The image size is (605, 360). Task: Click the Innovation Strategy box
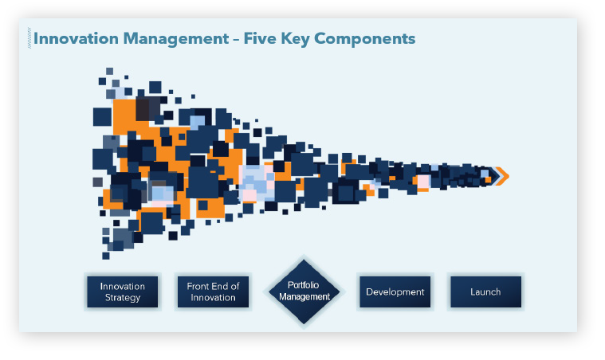click(x=122, y=292)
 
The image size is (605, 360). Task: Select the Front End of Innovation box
click(x=213, y=292)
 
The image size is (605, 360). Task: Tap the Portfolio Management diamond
click(x=304, y=292)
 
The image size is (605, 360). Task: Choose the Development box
click(x=395, y=292)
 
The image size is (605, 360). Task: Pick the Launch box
click(x=485, y=292)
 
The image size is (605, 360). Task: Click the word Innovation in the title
click(x=76, y=38)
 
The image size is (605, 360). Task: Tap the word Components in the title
click(x=365, y=39)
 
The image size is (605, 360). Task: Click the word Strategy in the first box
click(x=123, y=298)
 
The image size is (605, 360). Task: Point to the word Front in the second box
click(x=198, y=286)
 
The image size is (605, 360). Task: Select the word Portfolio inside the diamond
click(x=303, y=285)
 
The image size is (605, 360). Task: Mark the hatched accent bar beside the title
click(x=29, y=38)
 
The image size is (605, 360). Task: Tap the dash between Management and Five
click(x=237, y=39)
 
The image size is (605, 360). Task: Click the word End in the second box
click(x=220, y=286)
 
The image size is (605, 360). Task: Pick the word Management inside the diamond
click(x=304, y=296)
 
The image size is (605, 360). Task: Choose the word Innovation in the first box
click(x=122, y=287)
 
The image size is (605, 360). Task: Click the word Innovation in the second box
click(x=213, y=298)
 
